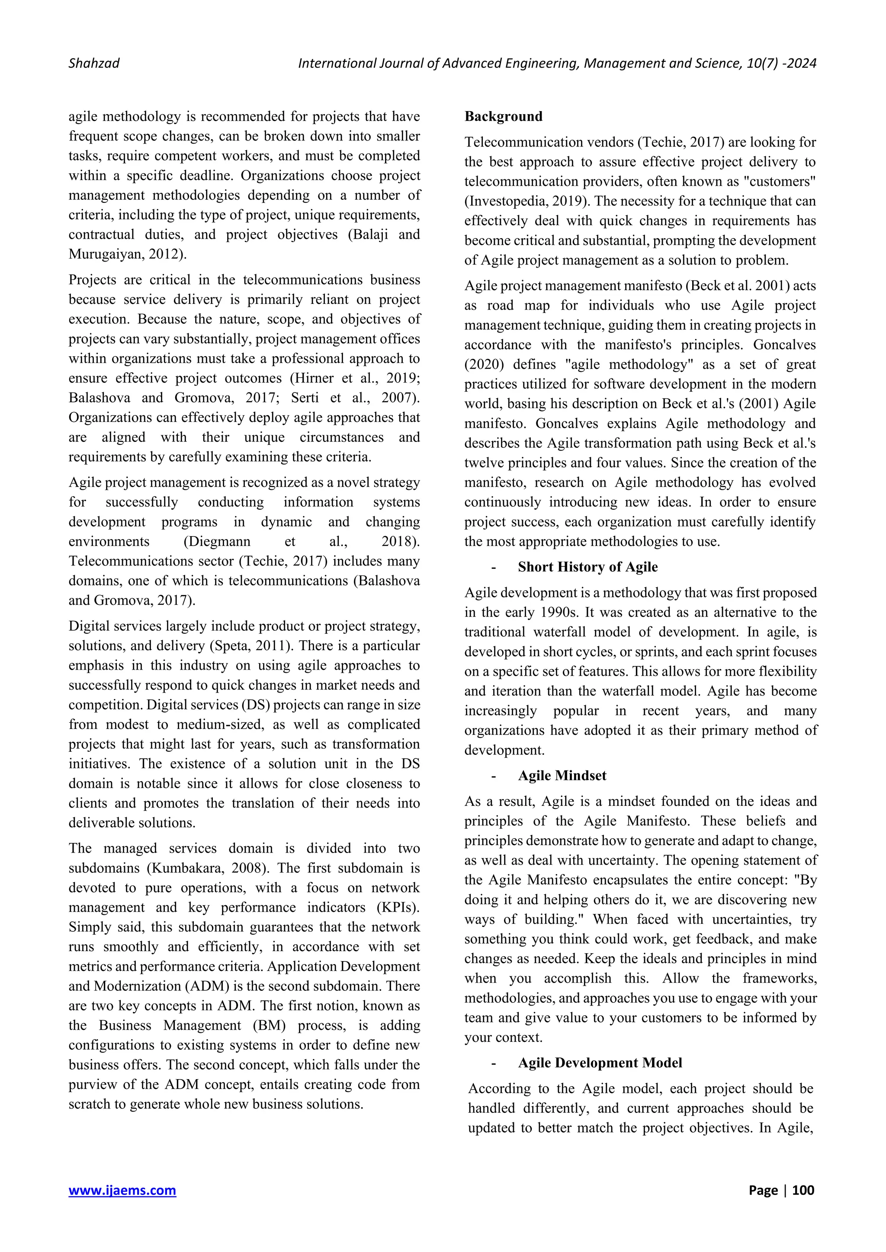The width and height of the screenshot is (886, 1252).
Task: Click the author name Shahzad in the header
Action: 94,63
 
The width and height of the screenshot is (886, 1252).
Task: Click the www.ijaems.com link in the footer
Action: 122,1190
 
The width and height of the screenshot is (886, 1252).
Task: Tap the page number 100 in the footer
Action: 803,1190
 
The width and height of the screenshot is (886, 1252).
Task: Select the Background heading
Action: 503,116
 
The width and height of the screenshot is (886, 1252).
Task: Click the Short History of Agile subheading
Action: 587,567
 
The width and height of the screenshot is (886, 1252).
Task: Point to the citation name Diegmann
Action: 217,541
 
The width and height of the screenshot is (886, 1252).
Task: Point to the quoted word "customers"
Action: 780,182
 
